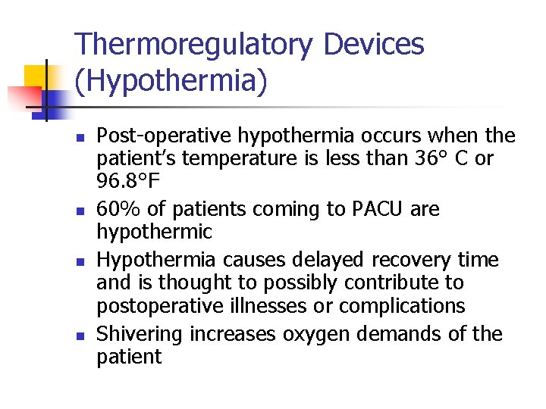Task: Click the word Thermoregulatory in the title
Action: click(x=194, y=45)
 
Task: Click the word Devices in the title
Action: click(x=374, y=45)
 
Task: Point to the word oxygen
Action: click(x=312, y=335)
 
